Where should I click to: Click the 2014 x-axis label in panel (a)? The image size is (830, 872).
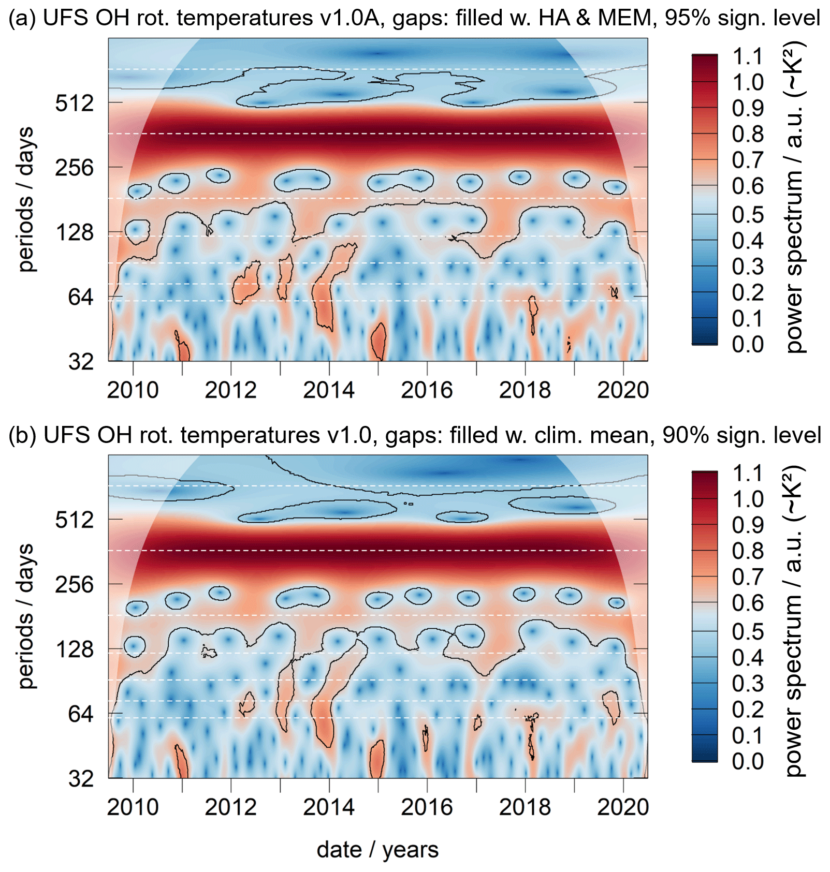(329, 390)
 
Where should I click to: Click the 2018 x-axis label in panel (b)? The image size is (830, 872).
(525, 807)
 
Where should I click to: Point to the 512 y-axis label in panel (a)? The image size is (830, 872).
(75, 103)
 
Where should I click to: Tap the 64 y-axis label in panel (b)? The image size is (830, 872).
(81, 714)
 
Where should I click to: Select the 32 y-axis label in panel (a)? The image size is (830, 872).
(81, 361)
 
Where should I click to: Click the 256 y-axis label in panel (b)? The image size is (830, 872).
(75, 585)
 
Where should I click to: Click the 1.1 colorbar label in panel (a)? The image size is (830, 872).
(748, 56)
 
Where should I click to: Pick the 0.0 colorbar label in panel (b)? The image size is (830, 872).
(748, 761)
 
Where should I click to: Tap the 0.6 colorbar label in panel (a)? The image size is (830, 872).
(748, 186)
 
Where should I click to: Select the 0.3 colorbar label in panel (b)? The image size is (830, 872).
(748, 683)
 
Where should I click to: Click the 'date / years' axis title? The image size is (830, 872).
(377, 849)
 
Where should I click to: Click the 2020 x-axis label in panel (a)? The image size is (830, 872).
(623, 390)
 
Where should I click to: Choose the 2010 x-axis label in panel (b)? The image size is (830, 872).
(133, 807)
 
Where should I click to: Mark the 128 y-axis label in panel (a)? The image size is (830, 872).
(75, 232)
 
